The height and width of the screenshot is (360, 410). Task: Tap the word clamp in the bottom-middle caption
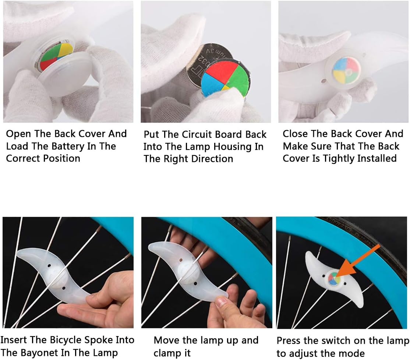pyautogui.click(x=166, y=353)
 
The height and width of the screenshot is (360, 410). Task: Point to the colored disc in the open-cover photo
pyautogui.click(x=56, y=56)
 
